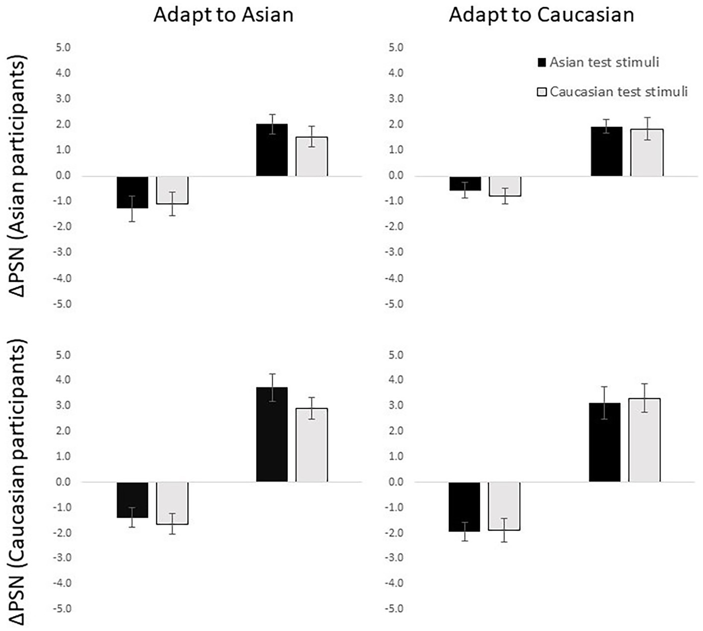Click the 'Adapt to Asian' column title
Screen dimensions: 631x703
click(x=223, y=15)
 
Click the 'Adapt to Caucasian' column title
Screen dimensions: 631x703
click(x=541, y=15)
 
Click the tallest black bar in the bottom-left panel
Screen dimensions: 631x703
click(x=272, y=434)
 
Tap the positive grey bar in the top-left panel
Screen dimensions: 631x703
click(x=312, y=156)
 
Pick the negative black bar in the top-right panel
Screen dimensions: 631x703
click(x=464, y=183)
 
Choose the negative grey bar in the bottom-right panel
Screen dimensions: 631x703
click(x=504, y=506)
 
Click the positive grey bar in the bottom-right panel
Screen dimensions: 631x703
click(x=644, y=440)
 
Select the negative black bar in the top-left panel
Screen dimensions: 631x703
click(x=132, y=192)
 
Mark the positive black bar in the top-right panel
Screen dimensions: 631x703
click(x=606, y=151)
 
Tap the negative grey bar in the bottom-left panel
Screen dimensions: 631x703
click(x=172, y=503)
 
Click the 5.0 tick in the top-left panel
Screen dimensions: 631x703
click(x=64, y=48)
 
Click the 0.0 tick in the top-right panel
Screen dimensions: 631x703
click(x=395, y=176)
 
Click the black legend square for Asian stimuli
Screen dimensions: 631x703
click(x=542, y=63)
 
